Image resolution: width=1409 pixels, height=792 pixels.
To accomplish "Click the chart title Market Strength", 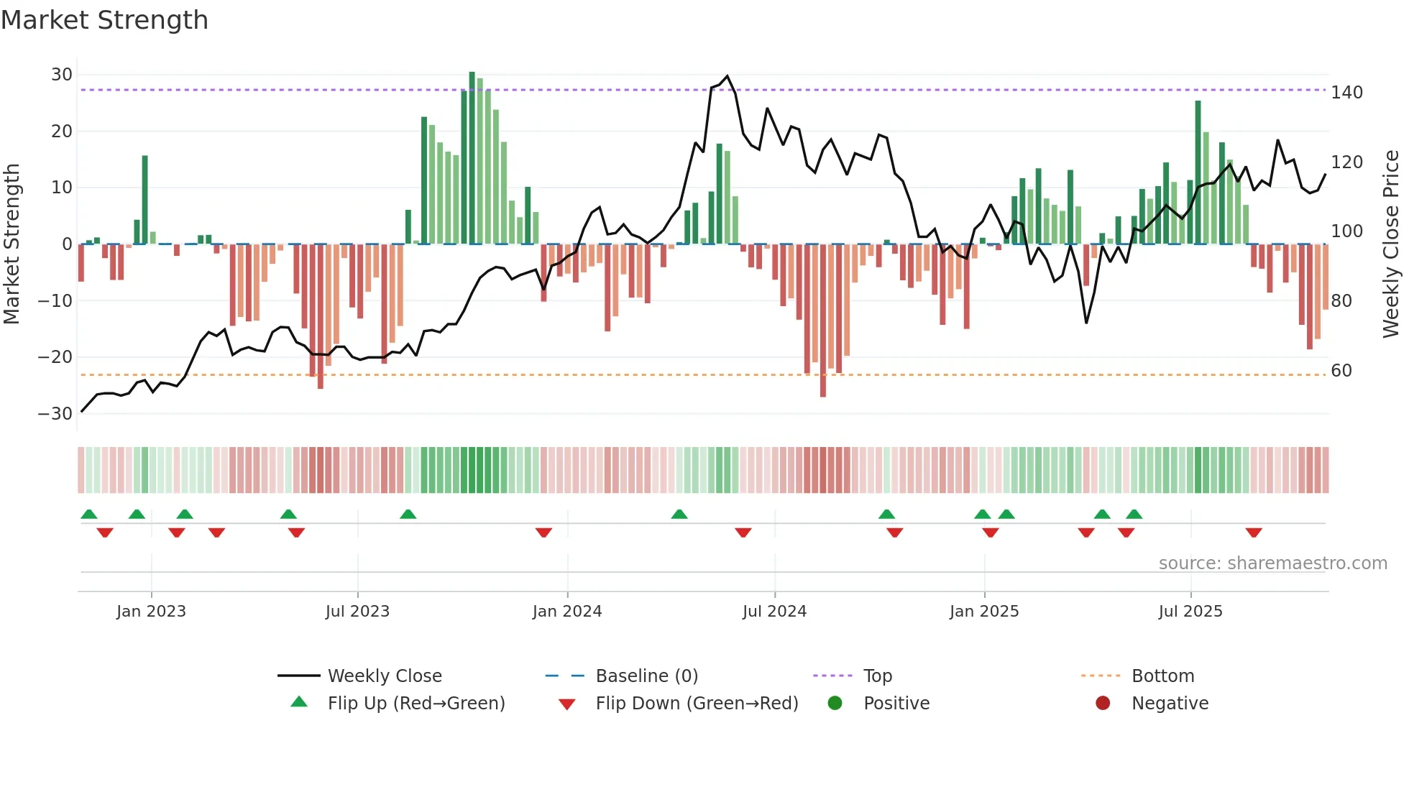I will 104,20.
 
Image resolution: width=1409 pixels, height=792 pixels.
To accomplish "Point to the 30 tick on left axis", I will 62,75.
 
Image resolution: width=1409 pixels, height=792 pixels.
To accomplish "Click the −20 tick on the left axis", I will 55,357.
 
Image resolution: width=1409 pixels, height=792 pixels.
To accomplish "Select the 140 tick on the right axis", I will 1346,93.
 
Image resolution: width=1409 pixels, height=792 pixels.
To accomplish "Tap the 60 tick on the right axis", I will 1341,371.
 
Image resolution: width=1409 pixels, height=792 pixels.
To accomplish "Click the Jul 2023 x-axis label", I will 357,612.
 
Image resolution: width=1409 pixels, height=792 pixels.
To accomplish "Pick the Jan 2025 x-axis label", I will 984,612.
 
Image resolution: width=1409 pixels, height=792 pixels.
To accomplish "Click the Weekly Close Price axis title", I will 1391,244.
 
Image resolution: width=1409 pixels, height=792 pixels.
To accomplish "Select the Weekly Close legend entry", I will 384,676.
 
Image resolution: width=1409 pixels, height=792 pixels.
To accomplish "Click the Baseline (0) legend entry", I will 646,676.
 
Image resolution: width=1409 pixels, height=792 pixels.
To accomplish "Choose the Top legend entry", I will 877,676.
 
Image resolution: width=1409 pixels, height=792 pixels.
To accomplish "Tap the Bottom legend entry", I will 1162,676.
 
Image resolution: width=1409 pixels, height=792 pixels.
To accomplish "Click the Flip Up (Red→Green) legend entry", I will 416,704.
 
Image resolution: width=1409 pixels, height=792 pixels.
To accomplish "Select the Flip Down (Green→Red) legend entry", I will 697,704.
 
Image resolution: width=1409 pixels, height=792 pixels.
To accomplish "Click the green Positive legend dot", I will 835,703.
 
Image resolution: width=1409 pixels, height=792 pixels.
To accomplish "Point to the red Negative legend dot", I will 1103,703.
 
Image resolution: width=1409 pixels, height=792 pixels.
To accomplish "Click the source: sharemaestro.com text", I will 1272,563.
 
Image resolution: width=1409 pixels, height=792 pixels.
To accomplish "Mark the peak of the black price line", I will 728,76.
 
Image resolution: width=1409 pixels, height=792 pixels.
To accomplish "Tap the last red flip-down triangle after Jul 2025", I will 1254,533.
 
